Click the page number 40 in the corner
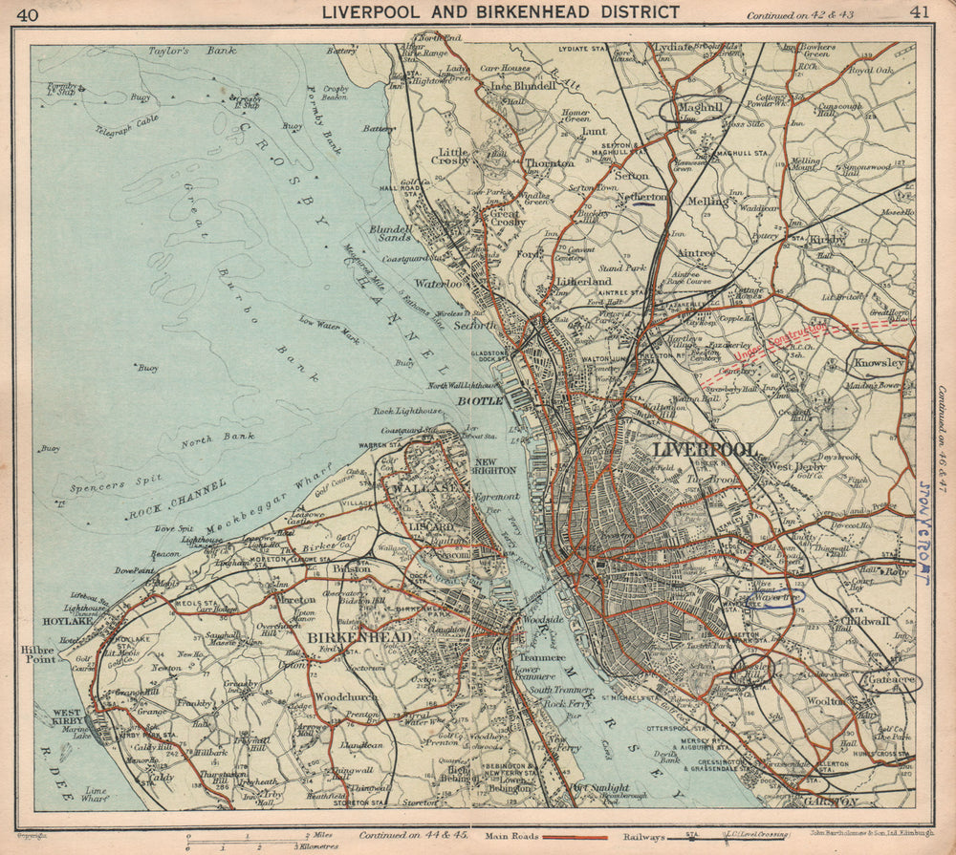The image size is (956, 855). (x=28, y=13)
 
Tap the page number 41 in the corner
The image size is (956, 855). (x=920, y=12)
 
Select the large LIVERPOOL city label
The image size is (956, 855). (x=705, y=449)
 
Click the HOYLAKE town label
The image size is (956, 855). (x=66, y=618)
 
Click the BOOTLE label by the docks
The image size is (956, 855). (x=480, y=401)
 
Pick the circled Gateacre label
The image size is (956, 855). (x=890, y=681)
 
